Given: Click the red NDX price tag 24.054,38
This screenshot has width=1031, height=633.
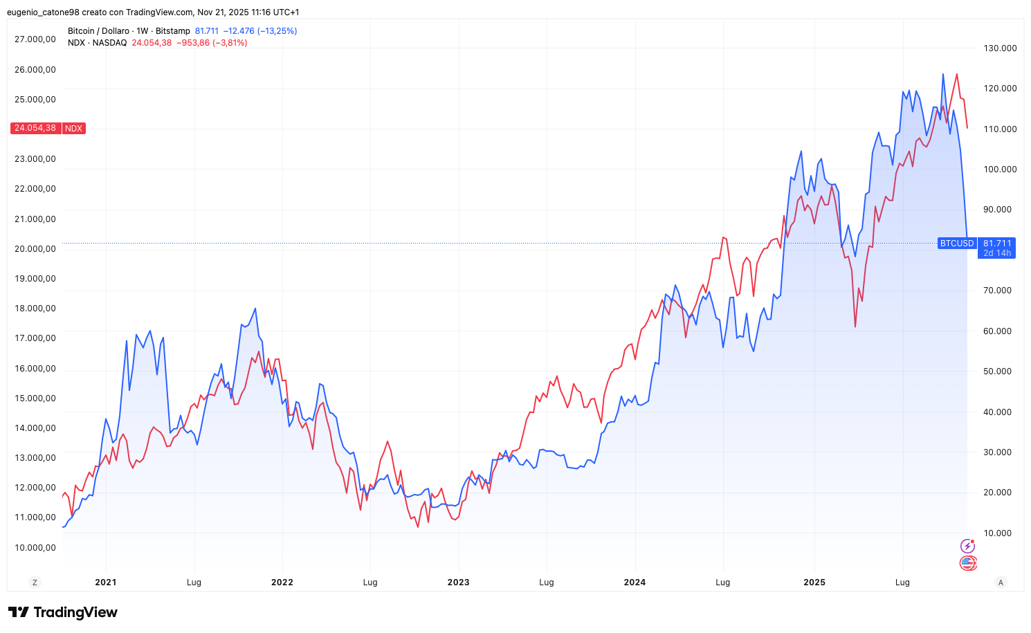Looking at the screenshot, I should [x=35, y=128].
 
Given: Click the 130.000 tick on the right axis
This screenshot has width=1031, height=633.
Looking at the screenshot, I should [x=1000, y=48].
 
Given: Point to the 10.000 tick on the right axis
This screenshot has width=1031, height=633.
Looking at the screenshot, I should [x=997, y=533].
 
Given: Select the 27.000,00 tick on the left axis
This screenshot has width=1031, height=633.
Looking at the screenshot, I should [x=35, y=39].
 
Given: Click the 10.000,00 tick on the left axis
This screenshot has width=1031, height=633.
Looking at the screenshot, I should [x=35, y=548].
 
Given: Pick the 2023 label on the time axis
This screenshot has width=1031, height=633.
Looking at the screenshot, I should [x=458, y=582].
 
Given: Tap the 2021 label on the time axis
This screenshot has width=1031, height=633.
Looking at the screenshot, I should [x=106, y=582].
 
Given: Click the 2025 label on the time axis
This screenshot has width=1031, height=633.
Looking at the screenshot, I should [x=814, y=582].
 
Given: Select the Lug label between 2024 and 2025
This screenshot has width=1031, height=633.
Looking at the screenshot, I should [x=722, y=582].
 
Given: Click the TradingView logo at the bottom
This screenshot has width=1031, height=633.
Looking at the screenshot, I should [x=63, y=612].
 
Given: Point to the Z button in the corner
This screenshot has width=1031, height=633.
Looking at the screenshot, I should [x=35, y=582].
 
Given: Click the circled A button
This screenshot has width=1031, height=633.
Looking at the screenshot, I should [x=1001, y=582].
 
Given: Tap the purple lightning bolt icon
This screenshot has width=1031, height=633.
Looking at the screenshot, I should [x=967, y=547].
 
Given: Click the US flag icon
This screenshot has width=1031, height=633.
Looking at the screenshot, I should [x=967, y=563].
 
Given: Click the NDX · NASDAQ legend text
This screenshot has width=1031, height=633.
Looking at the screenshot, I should [x=98, y=43].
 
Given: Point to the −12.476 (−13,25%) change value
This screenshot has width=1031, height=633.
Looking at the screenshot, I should [x=260, y=31].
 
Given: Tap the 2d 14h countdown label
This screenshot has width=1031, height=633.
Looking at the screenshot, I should [x=997, y=253].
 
